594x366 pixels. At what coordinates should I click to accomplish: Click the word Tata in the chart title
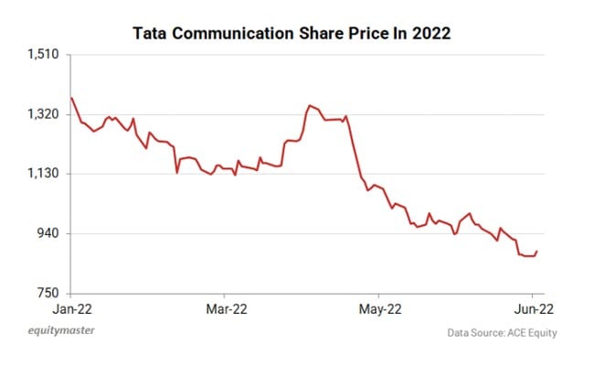click(x=151, y=33)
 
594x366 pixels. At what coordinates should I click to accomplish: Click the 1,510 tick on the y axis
click(x=44, y=55)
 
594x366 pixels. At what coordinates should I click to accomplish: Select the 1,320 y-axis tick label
click(x=44, y=114)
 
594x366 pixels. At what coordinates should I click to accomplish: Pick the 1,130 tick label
click(x=44, y=174)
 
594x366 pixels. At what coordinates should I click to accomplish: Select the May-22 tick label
click(x=377, y=309)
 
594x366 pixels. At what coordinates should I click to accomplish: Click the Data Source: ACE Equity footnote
click(x=503, y=333)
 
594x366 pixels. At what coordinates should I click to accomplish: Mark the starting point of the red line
click(x=71, y=98)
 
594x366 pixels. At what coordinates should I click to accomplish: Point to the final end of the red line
click(x=537, y=251)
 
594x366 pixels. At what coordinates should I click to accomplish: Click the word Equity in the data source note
click(x=540, y=333)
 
